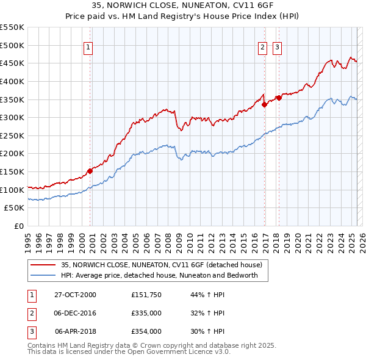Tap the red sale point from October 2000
90,171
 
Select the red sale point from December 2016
264,104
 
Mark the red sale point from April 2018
279,98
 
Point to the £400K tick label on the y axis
13,81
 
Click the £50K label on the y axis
15,208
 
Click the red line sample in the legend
43,265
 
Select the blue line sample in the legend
43,275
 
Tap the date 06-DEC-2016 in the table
75,313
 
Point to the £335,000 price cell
146,313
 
